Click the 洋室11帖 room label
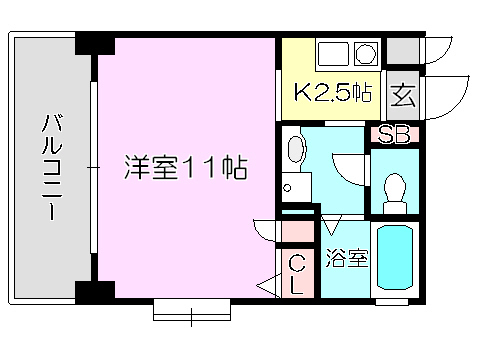click(186, 167)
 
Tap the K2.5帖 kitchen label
click(333, 92)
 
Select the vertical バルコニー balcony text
click(52, 167)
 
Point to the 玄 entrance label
click(403, 95)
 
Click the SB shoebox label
click(394, 134)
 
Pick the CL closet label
click(297, 274)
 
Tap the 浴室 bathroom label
click(347, 258)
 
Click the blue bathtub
click(395, 258)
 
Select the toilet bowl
click(395, 193)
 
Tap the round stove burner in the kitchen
click(365, 53)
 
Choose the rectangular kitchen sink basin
click(333, 54)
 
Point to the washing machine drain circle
click(287, 188)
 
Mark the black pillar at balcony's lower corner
click(95, 292)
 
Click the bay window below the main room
click(192, 310)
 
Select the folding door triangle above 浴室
click(331, 224)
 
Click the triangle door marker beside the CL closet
click(269, 286)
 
